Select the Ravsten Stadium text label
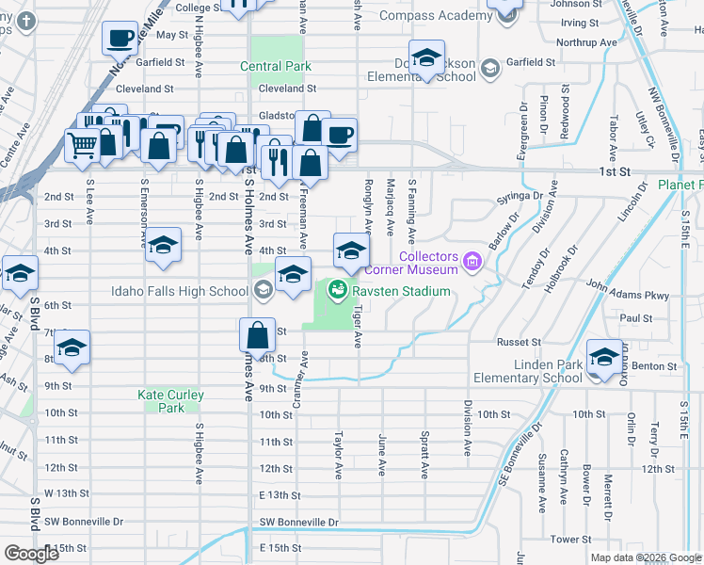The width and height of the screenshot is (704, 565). (402, 291)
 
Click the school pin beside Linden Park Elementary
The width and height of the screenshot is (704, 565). (603, 356)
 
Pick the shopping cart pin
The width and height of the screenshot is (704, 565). (82, 145)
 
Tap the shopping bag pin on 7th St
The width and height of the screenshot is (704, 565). (257, 334)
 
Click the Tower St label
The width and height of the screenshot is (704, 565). (570, 540)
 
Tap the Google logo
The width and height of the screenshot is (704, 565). (31, 554)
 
